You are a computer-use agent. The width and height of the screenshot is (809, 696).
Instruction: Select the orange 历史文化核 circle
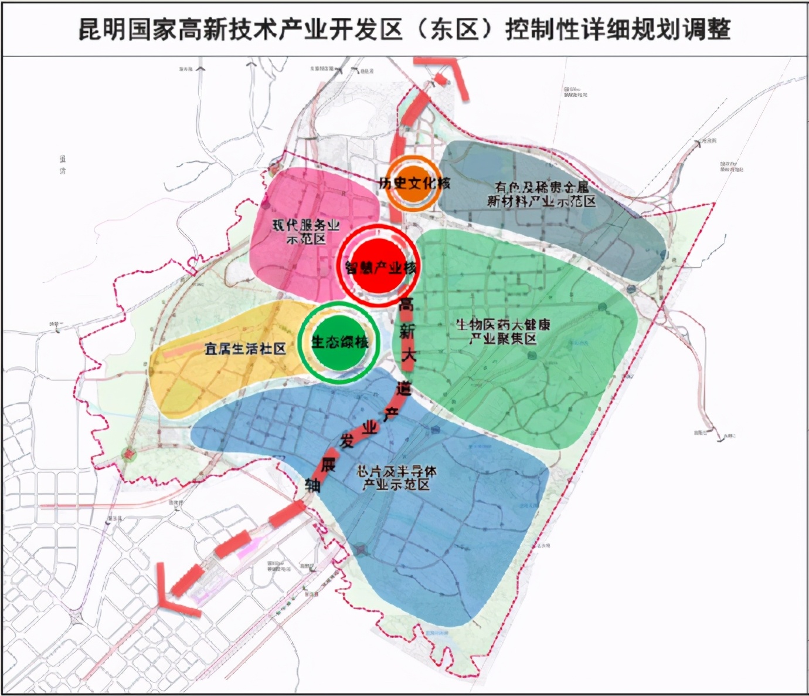(413, 183)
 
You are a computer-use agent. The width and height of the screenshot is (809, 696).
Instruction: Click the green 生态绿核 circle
(338, 342)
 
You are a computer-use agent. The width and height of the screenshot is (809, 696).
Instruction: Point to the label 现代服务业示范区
(305, 232)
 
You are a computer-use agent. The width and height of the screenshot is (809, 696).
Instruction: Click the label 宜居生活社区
(245, 349)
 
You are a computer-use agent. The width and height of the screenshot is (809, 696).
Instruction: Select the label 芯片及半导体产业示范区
(396, 478)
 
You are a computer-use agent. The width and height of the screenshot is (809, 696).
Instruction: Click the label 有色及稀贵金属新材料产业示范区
(541, 194)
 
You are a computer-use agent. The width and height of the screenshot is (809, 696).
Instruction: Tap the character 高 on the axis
(406, 304)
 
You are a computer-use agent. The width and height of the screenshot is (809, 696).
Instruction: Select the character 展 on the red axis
(328, 464)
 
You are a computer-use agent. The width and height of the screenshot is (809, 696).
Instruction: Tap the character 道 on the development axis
(403, 388)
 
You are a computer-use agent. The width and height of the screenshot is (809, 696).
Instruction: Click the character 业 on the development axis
(369, 427)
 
